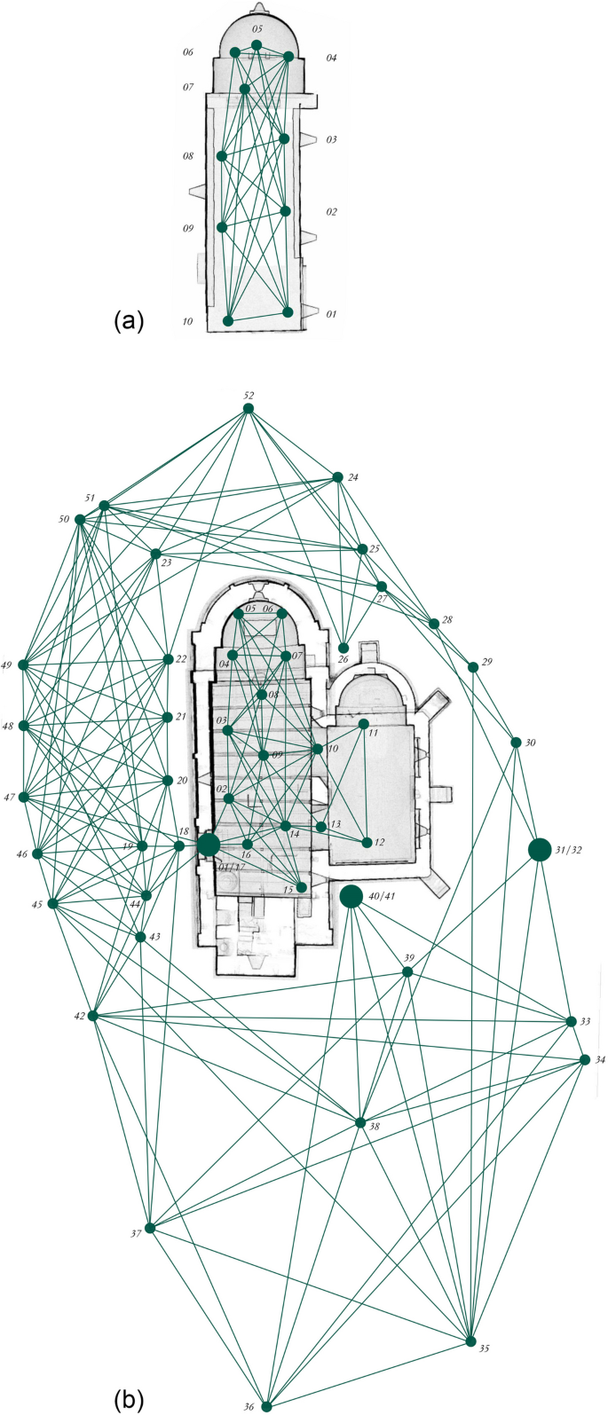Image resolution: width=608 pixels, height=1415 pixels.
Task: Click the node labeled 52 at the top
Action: pos(249,408)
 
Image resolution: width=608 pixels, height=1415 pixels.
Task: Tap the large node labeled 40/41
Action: pos(351,896)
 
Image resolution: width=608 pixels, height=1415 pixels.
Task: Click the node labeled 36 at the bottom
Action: pos(266,1406)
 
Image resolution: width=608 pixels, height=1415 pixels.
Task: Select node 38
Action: pos(359,1123)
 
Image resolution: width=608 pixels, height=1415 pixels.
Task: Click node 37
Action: pos(150,1229)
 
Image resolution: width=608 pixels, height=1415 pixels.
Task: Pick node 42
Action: pos(93,1016)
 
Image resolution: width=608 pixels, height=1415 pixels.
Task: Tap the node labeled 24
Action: pos(337,477)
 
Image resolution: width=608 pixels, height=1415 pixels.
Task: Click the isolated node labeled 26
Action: pos(343,648)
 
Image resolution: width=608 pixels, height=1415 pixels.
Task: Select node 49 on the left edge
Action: pos(24,664)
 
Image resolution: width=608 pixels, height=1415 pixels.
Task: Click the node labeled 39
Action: pos(407,972)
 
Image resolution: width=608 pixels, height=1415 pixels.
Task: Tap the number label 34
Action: pos(600,1060)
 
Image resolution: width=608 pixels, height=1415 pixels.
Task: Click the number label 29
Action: pos(486,663)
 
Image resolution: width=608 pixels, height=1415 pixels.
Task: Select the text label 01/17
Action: pos(231,868)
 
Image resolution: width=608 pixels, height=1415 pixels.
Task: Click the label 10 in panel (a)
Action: pos(187,321)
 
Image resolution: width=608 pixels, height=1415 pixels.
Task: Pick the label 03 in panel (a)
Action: pos(331,139)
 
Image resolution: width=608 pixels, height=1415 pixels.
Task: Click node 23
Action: pos(156,554)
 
